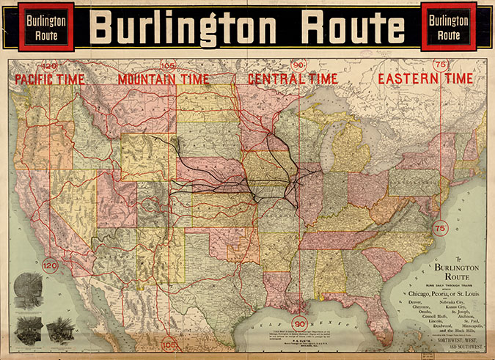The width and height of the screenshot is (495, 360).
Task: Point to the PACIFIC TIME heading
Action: [50, 78]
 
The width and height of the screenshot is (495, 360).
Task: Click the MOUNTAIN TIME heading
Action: [164, 78]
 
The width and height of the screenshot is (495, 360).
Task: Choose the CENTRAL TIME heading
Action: [293, 78]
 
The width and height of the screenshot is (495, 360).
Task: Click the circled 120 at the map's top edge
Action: [50, 65]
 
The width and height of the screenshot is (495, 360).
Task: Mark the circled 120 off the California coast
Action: [49, 265]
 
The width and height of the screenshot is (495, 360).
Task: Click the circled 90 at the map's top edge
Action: [299, 65]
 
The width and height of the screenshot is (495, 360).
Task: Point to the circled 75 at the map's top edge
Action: [441, 65]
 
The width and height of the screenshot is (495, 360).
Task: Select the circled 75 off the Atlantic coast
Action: [440, 229]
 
